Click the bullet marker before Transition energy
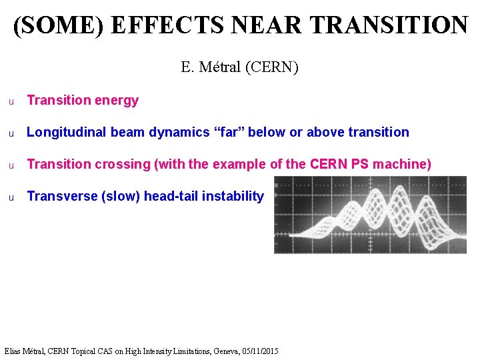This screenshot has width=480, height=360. [11, 101]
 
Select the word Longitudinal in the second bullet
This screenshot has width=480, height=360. [67, 132]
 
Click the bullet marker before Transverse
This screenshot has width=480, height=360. [11, 197]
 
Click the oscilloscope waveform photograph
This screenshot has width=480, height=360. [370, 215]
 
